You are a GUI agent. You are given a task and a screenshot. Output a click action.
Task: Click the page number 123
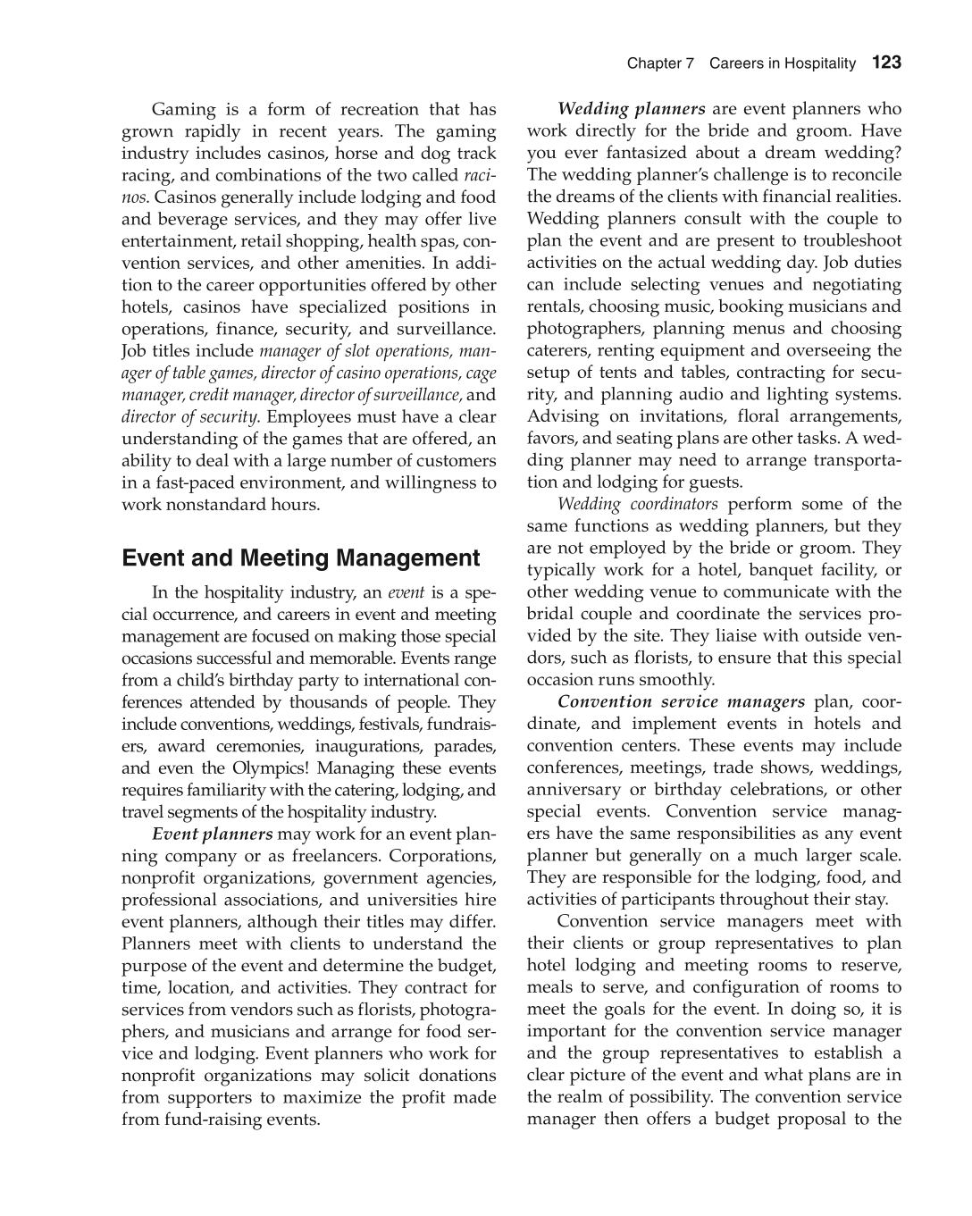click(x=886, y=63)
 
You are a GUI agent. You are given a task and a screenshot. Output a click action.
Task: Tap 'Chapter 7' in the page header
click(x=660, y=63)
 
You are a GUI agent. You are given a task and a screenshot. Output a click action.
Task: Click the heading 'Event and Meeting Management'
click(x=300, y=558)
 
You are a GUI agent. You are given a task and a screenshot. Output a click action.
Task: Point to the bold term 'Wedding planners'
click(x=632, y=109)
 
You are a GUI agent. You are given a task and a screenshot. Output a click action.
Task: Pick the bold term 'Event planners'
click(x=213, y=834)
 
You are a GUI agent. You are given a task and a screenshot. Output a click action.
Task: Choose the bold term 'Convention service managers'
click(x=682, y=701)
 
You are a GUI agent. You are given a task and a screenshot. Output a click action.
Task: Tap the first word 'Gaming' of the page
click(x=183, y=109)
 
